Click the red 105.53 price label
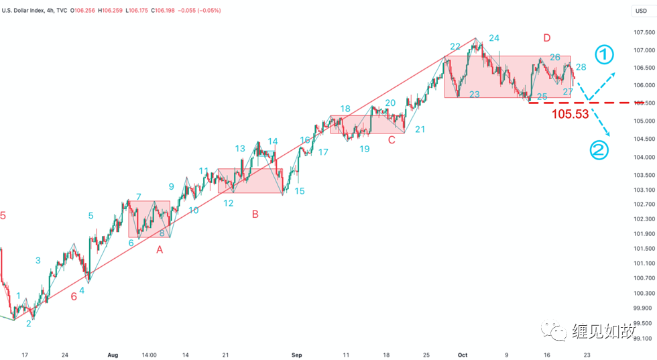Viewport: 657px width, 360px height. (570, 114)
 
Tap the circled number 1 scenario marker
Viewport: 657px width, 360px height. (604, 54)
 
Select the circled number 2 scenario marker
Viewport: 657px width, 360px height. (599, 150)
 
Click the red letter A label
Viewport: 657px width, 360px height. (160, 249)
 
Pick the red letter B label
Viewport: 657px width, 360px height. (255, 215)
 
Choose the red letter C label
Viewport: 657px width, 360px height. (391, 139)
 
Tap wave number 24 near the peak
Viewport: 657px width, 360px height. (494, 38)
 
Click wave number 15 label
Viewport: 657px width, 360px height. (299, 191)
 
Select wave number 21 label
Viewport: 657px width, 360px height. (420, 129)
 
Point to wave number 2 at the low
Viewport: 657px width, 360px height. (28, 323)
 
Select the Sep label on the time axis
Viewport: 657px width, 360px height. (297, 355)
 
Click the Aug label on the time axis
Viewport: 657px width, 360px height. (113, 355)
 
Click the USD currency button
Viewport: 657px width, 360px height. (641, 11)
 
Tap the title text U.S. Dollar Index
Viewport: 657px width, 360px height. (25, 11)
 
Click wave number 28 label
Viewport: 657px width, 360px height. (581, 67)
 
